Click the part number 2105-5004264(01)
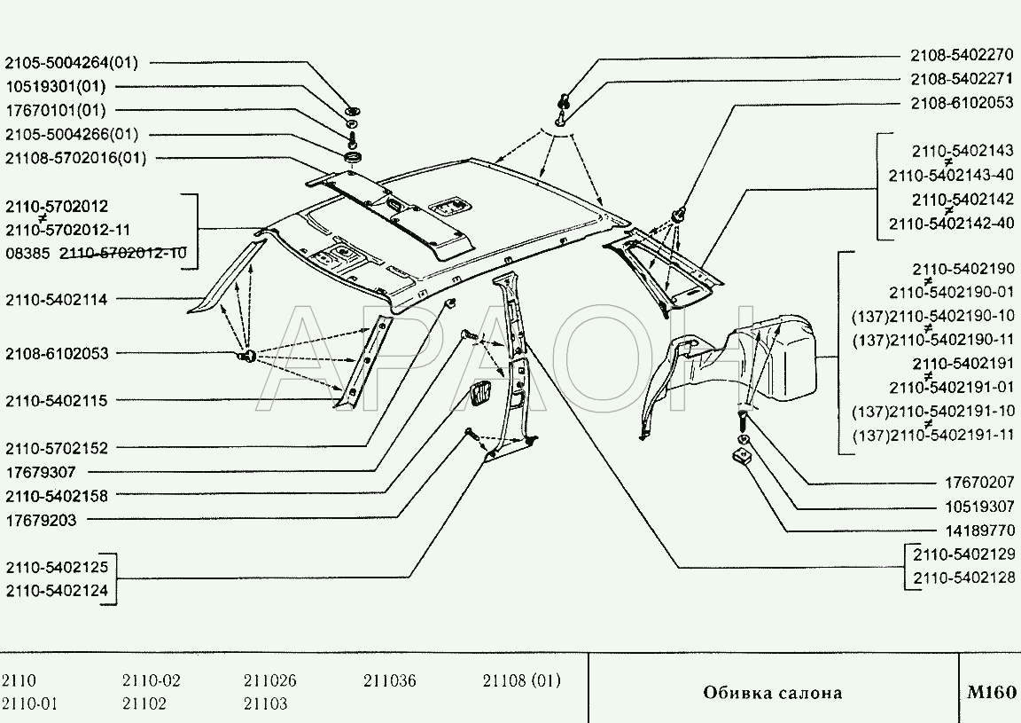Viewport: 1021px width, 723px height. pos(72,63)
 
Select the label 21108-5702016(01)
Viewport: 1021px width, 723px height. pos(75,158)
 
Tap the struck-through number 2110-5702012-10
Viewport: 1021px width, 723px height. pos(122,253)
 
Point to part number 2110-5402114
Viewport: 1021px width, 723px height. pos(57,300)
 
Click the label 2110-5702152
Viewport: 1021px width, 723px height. pos(57,448)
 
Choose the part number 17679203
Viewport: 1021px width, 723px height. pos(41,520)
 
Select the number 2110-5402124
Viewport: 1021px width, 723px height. pos(57,591)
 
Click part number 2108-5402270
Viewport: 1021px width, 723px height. pos(962,55)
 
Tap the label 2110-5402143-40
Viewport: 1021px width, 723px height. pos(951,176)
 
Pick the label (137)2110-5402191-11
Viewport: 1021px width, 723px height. pos(933,435)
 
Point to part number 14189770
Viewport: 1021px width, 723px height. pos(979,530)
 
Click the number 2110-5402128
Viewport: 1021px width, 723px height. pos(963,577)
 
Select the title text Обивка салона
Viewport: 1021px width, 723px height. pos(772,692)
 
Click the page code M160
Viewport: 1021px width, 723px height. pos(991,692)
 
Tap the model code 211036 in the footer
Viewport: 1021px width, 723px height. pos(389,680)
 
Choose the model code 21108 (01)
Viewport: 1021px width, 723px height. pos(521,680)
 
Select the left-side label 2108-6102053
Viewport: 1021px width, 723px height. pos(57,353)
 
